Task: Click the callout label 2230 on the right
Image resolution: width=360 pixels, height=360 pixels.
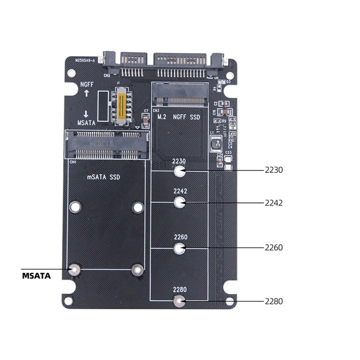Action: pos(273,171)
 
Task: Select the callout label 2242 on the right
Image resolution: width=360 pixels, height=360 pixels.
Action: pos(274,203)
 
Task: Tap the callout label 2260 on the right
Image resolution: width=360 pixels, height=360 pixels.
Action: pos(274,247)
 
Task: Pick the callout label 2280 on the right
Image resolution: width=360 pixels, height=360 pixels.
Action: pos(274,301)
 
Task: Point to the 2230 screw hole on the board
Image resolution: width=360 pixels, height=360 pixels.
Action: pos(180,171)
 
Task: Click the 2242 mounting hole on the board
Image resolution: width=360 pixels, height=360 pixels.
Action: pos(180,203)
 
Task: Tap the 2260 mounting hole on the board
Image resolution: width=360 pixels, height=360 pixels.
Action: pos(180,248)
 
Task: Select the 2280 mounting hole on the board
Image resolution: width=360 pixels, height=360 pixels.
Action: pos(180,301)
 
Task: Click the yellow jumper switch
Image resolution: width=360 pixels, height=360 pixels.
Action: pos(121,107)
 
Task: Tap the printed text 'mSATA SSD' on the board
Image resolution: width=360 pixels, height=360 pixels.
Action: pos(103,177)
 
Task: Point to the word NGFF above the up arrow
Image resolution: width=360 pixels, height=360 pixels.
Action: pos(87,85)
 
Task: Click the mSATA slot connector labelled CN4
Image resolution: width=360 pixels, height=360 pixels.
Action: pos(108,144)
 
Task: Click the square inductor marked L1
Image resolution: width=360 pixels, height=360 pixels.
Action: pos(217,144)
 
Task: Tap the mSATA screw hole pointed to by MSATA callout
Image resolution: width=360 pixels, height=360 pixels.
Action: pos(75,270)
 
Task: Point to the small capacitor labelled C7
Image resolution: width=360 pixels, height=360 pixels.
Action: pos(145,118)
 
